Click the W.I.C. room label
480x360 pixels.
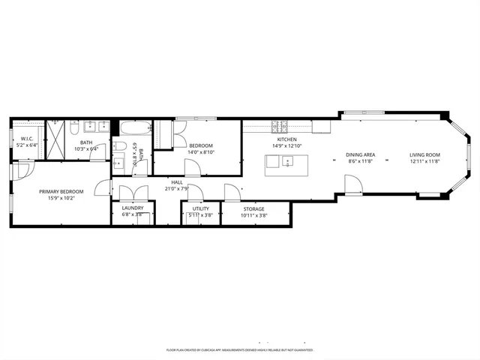pyautogui.click(x=26, y=138)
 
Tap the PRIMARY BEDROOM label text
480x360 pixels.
pyautogui.click(x=61, y=192)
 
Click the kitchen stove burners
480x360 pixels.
pyautogui.click(x=279, y=125)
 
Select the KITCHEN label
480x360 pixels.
pyautogui.click(x=288, y=140)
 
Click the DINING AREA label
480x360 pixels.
pyautogui.click(x=360, y=154)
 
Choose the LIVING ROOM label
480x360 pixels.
pyautogui.click(x=424, y=154)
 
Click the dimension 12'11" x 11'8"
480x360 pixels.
pyautogui.click(x=424, y=161)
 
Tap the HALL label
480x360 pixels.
pyautogui.click(x=177, y=182)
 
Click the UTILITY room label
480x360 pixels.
pyautogui.click(x=200, y=208)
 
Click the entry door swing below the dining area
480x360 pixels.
pyautogui.click(x=352, y=183)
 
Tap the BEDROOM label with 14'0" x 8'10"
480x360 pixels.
pyautogui.click(x=200, y=145)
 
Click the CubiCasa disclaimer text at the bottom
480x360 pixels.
pyautogui.click(x=239, y=350)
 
